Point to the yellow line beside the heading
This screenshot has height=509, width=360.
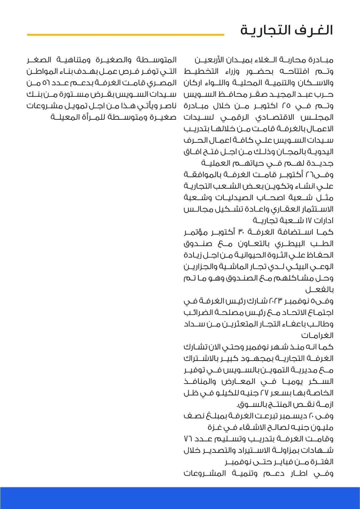point(125,34)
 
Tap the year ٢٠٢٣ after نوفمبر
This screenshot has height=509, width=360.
point(276,301)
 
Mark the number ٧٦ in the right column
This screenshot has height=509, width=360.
point(189,439)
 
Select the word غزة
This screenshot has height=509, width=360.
point(215,427)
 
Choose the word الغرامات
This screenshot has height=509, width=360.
point(317,336)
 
